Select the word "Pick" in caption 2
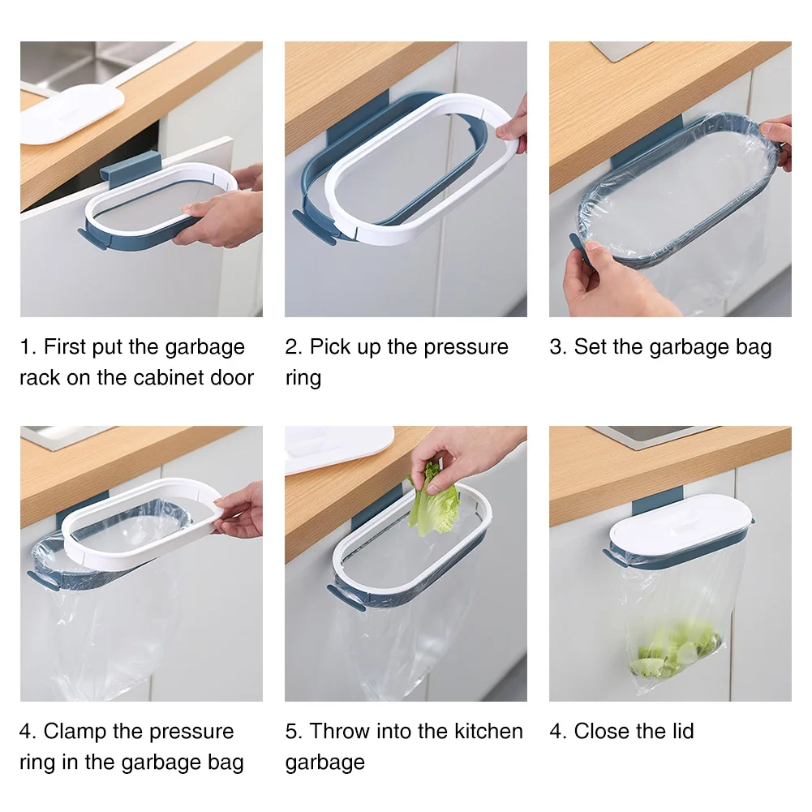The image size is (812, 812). click(x=329, y=346)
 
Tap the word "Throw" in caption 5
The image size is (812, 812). click(x=339, y=731)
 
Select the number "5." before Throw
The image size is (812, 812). click(x=294, y=731)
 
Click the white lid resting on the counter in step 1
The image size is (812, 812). click(x=71, y=113)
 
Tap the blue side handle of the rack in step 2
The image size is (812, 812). click(x=314, y=227)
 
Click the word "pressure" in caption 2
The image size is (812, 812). click(x=466, y=347)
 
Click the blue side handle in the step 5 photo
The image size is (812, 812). click(x=346, y=598)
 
